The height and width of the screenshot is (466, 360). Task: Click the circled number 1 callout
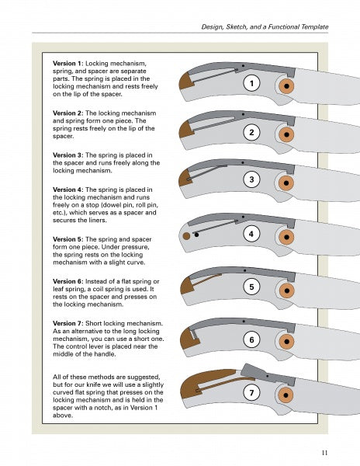tap(251, 83)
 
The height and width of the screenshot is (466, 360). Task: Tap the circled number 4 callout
tap(251, 234)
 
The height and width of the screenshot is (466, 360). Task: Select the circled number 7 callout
tap(251, 392)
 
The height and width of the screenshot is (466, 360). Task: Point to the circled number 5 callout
tap(251, 287)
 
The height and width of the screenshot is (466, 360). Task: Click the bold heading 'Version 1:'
tap(68, 64)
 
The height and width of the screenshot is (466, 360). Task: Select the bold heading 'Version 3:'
tap(68, 155)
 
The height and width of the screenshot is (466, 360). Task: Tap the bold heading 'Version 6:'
tap(68, 281)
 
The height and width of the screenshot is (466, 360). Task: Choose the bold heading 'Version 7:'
tap(68, 323)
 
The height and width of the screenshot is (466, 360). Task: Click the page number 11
tap(324, 453)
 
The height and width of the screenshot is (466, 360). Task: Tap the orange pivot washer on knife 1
tap(286, 86)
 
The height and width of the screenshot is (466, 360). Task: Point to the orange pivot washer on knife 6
tap(286, 342)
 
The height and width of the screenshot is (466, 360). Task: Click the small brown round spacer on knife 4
tap(186, 236)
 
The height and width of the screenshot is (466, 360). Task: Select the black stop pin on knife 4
tap(196, 235)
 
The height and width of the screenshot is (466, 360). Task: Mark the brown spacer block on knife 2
tap(186, 130)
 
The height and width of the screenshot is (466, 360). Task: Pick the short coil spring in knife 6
tap(193, 334)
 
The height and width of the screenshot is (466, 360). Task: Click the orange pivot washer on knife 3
tap(286, 183)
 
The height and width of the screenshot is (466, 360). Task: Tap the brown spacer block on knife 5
tap(186, 286)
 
